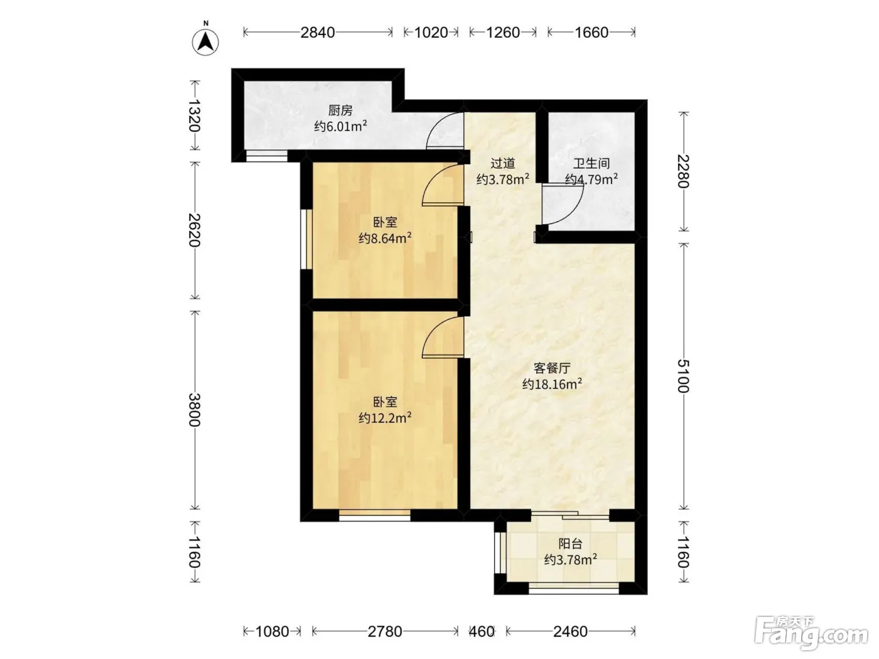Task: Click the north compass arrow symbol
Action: [205, 41]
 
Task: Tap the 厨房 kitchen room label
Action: [340, 110]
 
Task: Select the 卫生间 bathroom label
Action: [591, 163]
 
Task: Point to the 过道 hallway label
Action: [502, 163]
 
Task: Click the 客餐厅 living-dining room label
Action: [552, 368]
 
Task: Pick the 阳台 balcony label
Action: [570, 544]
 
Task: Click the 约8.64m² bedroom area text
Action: [385, 238]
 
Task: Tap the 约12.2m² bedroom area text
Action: [385, 418]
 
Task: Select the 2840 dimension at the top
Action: [318, 33]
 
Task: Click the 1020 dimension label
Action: [431, 33]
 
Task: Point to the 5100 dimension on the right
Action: [684, 376]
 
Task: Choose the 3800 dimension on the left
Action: [195, 410]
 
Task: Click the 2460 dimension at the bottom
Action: [570, 631]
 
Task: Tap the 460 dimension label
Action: [482, 631]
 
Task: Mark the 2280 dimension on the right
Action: [684, 171]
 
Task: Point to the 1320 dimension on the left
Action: [195, 115]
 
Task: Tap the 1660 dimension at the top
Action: [591, 33]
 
